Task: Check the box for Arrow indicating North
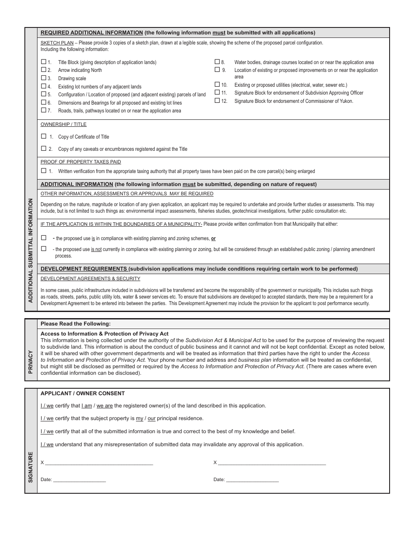44,70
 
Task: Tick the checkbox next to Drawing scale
44,78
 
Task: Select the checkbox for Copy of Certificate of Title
44,136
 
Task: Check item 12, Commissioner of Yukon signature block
217,101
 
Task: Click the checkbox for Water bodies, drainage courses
217,62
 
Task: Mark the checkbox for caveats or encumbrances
44,149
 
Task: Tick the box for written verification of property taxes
44,171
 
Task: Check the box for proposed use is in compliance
44,238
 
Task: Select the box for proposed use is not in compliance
44,249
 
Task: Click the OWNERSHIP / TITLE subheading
64,125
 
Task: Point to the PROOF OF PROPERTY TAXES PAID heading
81,162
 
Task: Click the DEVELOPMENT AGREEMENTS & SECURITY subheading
90,278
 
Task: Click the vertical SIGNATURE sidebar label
31,467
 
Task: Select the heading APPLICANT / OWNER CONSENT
82,394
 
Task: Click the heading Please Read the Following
75,324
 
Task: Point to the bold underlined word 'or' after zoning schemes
213,239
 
